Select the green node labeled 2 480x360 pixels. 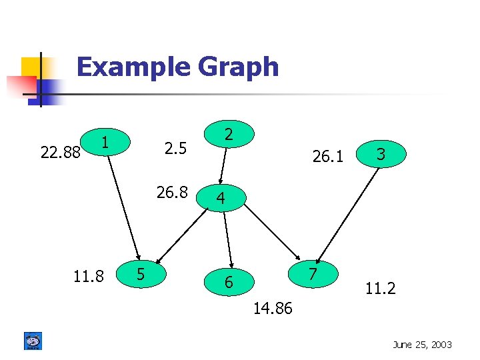[x=228, y=135]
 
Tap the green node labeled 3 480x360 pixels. [x=381, y=154]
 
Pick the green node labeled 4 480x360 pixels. [x=221, y=198]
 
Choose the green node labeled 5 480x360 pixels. [x=141, y=273]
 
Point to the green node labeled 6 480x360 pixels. [x=229, y=282]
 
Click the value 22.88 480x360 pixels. [x=61, y=153]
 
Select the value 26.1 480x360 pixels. [x=328, y=157]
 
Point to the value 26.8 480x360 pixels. [x=172, y=193]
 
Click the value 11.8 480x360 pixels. [x=88, y=275]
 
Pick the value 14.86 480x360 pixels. [x=273, y=309]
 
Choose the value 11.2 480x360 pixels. [x=380, y=289]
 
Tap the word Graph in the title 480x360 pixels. [x=238, y=67]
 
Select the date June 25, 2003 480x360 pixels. [x=422, y=345]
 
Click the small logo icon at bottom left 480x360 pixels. [x=33, y=341]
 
